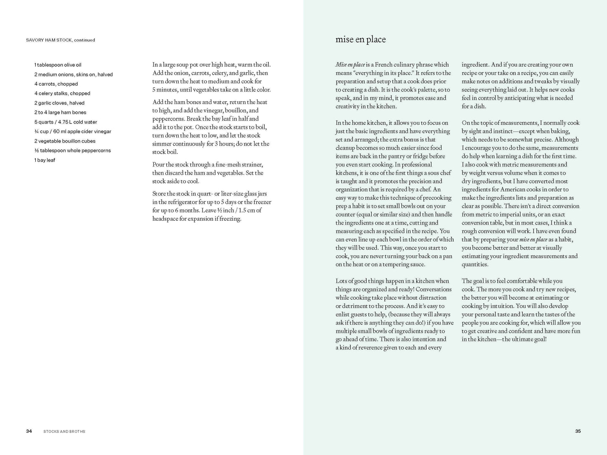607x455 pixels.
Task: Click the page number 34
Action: click(x=29, y=431)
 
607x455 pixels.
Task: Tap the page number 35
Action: click(x=578, y=431)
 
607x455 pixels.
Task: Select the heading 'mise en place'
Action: click(x=360, y=39)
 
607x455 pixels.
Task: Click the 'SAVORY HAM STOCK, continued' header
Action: click(x=60, y=40)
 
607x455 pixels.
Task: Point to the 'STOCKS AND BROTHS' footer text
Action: click(x=64, y=431)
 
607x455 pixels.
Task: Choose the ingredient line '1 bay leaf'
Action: click(x=45, y=160)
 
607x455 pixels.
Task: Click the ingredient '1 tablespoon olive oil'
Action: click(x=58, y=65)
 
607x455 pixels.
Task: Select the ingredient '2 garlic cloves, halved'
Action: click(x=59, y=103)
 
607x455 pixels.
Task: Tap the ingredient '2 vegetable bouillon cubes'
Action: click(x=65, y=141)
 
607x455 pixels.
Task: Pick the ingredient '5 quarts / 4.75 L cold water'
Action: click(x=66, y=122)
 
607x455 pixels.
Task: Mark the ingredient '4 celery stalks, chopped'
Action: click(x=62, y=94)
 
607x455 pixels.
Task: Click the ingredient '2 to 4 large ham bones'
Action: click(x=60, y=112)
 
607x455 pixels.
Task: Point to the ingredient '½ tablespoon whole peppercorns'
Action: click(x=73, y=151)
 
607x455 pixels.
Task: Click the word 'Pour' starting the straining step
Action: click(x=159, y=165)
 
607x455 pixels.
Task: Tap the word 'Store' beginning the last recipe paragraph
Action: click(x=160, y=194)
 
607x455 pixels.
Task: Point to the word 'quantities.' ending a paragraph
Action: click(x=475, y=264)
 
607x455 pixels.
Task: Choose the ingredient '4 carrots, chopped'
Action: click(x=56, y=84)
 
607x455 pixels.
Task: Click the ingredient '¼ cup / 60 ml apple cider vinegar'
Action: click(x=73, y=131)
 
